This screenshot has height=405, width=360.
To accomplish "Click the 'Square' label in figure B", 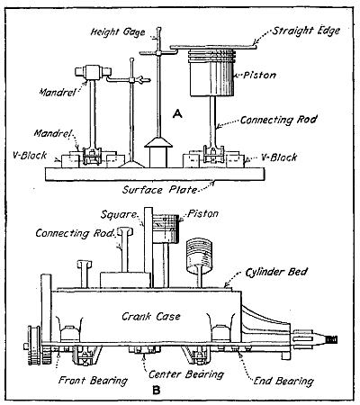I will [124, 216].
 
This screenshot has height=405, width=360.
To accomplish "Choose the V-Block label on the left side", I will [31, 154].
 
